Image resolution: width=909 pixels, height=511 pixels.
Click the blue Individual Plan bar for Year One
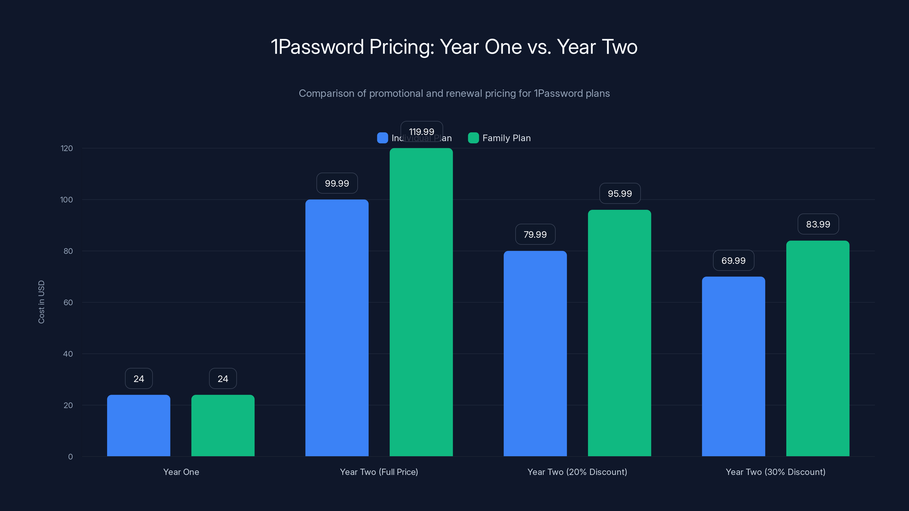coord(139,425)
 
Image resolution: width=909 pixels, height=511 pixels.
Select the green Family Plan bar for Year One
coord(223,425)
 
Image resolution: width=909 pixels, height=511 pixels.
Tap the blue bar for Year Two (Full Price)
coord(337,328)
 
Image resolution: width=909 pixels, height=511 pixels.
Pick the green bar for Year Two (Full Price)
coord(421,302)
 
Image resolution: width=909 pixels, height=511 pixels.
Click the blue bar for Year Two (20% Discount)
coord(535,353)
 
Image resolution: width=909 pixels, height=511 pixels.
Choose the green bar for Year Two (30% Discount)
coord(818,348)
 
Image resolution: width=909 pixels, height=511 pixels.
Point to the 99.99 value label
coord(337,183)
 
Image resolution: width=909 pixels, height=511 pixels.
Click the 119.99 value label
coord(421,131)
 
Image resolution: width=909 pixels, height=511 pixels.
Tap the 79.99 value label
coord(535,234)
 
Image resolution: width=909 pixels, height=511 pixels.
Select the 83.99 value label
coord(818,224)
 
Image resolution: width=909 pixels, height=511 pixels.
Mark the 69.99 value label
coord(733,261)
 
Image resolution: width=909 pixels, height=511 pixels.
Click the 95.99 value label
coord(620,194)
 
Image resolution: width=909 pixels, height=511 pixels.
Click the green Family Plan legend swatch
coord(473,138)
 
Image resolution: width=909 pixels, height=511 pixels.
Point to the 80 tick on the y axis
coord(68,251)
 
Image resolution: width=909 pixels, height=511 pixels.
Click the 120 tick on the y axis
coord(67,148)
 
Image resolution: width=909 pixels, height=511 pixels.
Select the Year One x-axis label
coord(181,472)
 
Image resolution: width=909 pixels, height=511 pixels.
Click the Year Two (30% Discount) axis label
coord(775,472)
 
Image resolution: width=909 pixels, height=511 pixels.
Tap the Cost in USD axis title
coord(41,302)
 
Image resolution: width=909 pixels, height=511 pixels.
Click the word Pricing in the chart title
coord(402,47)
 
